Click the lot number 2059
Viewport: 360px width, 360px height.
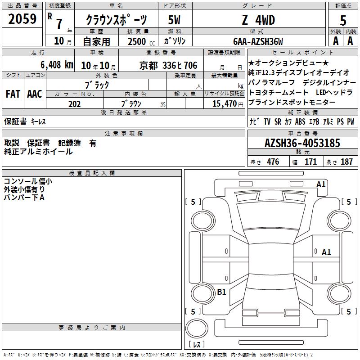tap(22, 19)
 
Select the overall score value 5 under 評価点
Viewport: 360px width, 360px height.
tap(343, 20)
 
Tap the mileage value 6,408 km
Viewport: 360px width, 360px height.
tap(57, 65)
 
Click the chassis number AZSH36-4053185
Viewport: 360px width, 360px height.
tap(302, 143)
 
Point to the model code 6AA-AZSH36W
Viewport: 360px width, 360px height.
tap(258, 41)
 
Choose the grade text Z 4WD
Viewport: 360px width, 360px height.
tap(258, 20)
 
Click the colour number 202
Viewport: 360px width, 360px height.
tap(74, 104)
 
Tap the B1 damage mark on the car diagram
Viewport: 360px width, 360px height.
tap(221, 292)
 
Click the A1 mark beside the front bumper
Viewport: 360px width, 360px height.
tap(321, 184)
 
